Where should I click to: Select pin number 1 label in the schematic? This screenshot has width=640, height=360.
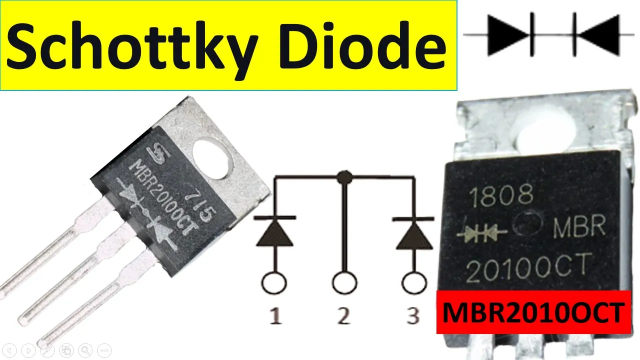click(x=274, y=317)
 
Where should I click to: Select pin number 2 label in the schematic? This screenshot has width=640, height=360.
click(x=343, y=317)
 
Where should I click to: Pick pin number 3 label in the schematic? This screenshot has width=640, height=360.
click(x=413, y=317)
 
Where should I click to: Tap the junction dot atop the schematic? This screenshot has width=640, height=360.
click(x=343, y=176)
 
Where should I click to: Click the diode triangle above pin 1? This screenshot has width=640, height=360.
click(x=274, y=234)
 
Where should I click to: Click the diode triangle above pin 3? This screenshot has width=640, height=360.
click(x=413, y=234)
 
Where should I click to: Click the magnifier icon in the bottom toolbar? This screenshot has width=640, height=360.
click(x=85, y=349)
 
